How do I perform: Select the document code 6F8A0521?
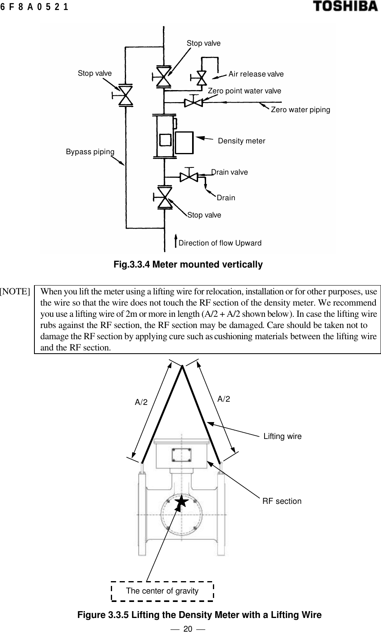(x=34, y=7)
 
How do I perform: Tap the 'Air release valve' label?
(x=256, y=74)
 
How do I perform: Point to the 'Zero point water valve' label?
(x=244, y=91)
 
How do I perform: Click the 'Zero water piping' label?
(x=301, y=109)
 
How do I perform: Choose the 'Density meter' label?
(x=241, y=141)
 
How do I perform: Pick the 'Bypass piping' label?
(x=90, y=152)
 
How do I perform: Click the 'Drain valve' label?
(x=229, y=172)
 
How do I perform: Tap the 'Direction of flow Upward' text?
(x=220, y=243)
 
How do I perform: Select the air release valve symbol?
(x=201, y=78)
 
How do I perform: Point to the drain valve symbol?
(x=189, y=177)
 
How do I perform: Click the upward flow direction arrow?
(x=176, y=242)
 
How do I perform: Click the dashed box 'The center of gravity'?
(x=162, y=591)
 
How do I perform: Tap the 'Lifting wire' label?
(x=283, y=436)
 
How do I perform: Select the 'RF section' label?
(x=282, y=501)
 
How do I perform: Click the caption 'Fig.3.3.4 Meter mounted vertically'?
(x=188, y=265)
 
